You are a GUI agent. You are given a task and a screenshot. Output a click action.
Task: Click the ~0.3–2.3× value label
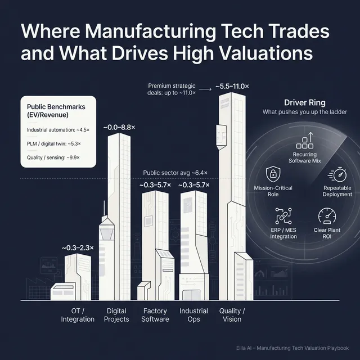click(78, 247)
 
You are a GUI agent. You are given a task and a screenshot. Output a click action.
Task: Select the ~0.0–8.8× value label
click(119, 128)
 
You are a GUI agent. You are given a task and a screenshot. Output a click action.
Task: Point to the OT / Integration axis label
click(78, 315)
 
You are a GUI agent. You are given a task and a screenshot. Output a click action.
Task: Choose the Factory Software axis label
click(155, 315)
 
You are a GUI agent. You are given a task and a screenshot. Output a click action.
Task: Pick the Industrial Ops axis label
click(193, 315)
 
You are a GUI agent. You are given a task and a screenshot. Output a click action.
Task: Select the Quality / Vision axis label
click(232, 315)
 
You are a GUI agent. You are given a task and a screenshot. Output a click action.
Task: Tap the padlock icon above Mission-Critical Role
click(273, 173)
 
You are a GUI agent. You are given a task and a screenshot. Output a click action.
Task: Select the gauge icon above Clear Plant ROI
click(327, 216)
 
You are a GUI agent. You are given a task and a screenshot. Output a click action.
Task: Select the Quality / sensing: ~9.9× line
click(54, 158)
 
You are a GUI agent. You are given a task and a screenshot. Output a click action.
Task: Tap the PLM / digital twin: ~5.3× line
click(54, 144)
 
